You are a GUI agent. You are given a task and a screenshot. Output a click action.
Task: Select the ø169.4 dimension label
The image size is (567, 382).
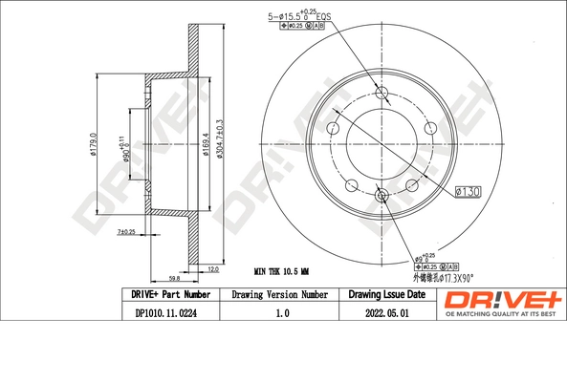(207, 148)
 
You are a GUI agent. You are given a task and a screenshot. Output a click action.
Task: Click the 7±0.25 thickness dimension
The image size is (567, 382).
(124, 232)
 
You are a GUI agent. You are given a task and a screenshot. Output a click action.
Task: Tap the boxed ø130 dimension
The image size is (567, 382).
(468, 192)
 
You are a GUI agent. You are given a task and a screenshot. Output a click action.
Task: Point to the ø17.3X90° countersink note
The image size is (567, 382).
(435, 279)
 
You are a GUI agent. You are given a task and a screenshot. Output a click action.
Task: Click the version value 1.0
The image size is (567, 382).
(278, 311)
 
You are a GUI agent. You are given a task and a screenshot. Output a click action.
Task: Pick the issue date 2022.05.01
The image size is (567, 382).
(386, 311)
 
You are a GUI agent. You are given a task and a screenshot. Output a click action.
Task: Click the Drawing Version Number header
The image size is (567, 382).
(278, 295)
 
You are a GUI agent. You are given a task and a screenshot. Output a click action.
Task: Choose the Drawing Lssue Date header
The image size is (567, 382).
(386, 295)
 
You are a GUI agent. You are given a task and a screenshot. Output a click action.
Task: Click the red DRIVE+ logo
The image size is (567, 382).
(503, 299)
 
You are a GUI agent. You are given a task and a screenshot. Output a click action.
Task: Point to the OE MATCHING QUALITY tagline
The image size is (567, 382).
(503, 314)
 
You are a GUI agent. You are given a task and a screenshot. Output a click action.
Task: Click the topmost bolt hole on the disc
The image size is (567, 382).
(383, 93)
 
